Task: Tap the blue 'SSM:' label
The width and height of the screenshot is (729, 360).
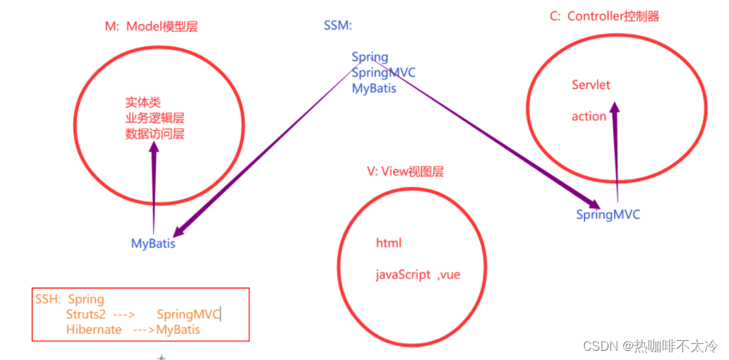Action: point(337,26)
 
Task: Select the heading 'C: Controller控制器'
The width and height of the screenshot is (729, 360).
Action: point(604,16)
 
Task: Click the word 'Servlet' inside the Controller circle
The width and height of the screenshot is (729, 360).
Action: point(591,85)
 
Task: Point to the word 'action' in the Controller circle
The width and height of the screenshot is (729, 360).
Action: point(589,116)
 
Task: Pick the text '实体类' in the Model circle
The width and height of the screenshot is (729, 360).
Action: point(143,103)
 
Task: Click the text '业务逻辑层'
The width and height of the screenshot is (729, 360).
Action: point(155,119)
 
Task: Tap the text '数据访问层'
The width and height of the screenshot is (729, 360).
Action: point(155,133)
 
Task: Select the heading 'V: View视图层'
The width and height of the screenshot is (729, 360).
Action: point(405,172)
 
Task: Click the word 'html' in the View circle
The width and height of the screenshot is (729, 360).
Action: point(388,243)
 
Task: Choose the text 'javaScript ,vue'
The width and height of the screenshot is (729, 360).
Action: point(417,275)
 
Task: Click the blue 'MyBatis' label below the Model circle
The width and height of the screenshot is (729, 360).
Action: point(153,244)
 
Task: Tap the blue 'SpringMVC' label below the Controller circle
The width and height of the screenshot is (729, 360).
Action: point(608,215)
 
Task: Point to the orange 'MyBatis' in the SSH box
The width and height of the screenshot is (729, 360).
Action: point(178,330)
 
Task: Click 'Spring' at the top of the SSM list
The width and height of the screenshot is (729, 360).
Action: point(370,57)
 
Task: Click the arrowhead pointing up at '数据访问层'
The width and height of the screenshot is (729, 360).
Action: point(154,149)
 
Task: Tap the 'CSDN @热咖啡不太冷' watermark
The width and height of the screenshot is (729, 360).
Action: point(650,346)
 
